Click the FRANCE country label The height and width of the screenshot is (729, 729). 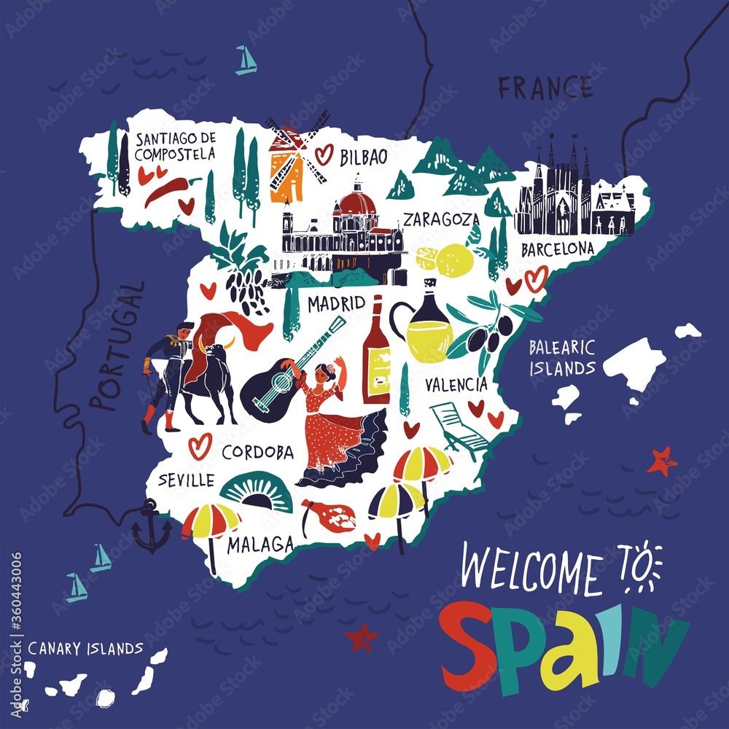point(545,88)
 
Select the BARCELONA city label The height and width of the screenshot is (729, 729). point(558,249)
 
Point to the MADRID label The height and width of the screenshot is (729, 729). point(335,303)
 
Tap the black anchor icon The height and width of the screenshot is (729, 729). point(152,526)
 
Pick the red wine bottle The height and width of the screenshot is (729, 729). point(376,351)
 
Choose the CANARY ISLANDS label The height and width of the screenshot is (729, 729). point(85,647)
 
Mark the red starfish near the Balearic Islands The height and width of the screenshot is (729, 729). point(662,461)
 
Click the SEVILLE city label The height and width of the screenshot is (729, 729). point(187,480)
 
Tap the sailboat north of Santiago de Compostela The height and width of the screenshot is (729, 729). point(246,61)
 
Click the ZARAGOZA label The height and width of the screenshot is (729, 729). point(442,219)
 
